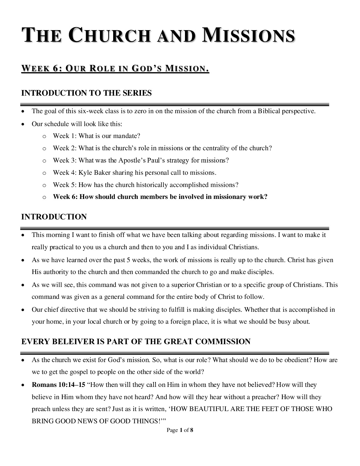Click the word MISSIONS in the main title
pyautogui.click(x=248, y=36)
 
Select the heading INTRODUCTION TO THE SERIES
pyautogui.click(x=86, y=93)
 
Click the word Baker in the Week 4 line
pyautogui.click(x=102, y=172)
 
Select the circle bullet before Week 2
pyautogui.click(x=44, y=149)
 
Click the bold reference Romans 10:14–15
pyautogui.click(x=58, y=385)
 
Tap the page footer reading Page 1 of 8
pyautogui.click(x=180, y=430)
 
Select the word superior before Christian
pyautogui.click(x=182, y=285)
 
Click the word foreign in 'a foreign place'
pyautogui.click(x=181, y=321)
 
